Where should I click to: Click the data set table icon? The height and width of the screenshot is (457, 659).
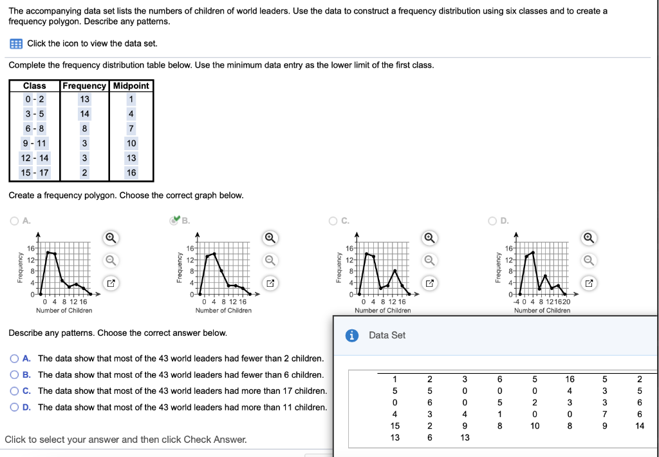[x=15, y=43]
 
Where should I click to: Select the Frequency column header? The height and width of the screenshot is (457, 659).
[x=84, y=86]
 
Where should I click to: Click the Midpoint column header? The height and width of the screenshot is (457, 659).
[x=131, y=86]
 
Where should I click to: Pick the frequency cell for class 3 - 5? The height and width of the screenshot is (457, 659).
[x=84, y=114]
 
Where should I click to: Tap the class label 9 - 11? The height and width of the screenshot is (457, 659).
[x=34, y=143]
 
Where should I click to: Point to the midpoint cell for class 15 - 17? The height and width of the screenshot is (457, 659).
[x=131, y=173]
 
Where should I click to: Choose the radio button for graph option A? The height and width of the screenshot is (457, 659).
[x=14, y=220]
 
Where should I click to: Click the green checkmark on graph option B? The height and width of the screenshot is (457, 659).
[x=174, y=220]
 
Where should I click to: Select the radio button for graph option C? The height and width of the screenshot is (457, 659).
[x=333, y=220]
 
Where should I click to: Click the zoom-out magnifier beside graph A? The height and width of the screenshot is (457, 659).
[x=111, y=260]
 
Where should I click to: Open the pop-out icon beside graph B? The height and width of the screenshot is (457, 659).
[x=270, y=283]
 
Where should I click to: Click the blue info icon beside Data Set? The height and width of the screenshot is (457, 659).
[x=352, y=335]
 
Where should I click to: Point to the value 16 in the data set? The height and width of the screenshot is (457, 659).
[x=570, y=379]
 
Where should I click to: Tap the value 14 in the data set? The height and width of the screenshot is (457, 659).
[x=638, y=425]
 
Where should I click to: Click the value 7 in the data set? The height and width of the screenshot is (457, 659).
[x=604, y=414]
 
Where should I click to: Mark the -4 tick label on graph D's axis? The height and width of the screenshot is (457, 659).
[x=515, y=301]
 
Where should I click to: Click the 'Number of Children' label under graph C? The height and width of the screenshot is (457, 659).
[x=382, y=311]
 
